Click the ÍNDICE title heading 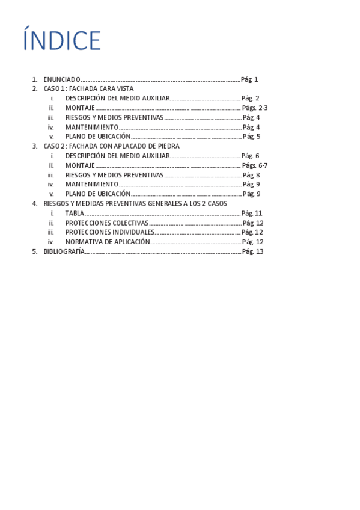click(x=62, y=41)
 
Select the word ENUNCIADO click(x=61, y=79)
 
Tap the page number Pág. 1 click(x=249, y=79)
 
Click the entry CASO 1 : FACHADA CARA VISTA click(x=88, y=88)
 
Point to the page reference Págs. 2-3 click(x=255, y=108)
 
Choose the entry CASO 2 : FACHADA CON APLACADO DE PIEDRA click(x=111, y=146)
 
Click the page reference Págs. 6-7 click(x=255, y=165)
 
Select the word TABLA click(x=75, y=214)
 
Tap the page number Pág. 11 click(x=252, y=214)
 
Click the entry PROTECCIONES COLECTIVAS click(x=106, y=223)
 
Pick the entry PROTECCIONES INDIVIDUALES click(x=109, y=232)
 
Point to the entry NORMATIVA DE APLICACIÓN click(x=108, y=242)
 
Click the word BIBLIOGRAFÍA click(x=64, y=251)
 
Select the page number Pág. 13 click(x=252, y=251)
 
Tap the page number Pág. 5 click(x=251, y=137)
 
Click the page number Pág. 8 click(x=251, y=175)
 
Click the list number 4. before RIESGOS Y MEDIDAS click(x=34, y=204)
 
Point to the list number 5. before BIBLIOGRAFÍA click(x=34, y=251)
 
